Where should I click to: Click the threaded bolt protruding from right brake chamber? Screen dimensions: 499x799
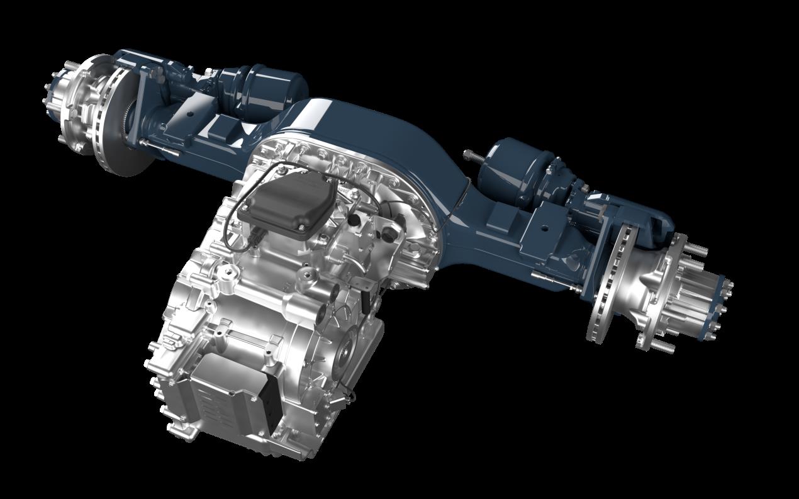click(x=472, y=155)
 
